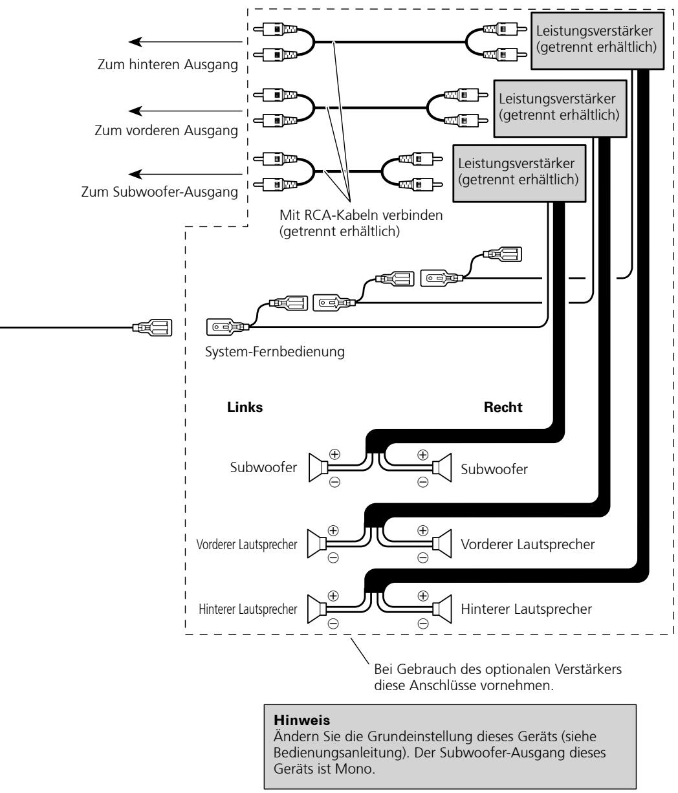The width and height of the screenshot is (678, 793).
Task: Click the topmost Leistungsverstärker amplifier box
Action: tap(596, 41)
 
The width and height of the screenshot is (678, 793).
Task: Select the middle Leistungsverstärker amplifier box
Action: tap(560, 108)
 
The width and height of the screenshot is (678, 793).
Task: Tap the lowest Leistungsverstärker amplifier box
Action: tap(519, 173)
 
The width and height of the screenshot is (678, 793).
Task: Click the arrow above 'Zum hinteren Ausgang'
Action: tap(185, 42)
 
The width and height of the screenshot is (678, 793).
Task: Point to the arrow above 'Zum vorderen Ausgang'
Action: tap(185, 111)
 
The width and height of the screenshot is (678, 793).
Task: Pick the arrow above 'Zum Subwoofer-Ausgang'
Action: tap(185, 174)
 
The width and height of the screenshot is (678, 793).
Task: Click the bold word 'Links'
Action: tap(245, 407)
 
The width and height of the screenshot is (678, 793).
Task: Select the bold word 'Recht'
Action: tap(503, 407)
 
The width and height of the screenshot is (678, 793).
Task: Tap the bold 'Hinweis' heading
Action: tap(301, 720)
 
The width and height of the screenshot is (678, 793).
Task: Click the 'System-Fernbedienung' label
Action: tap(275, 351)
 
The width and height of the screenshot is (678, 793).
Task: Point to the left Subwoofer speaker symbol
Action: tap(318, 467)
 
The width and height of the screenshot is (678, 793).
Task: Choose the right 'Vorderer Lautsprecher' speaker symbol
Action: tap(442, 543)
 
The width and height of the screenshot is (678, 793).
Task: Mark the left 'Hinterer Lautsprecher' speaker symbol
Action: tap(316, 609)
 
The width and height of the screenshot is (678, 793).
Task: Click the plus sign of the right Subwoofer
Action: tap(422, 455)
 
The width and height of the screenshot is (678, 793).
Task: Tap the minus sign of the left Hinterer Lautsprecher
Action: tap(333, 624)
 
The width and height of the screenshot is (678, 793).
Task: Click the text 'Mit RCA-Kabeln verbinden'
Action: tap(361, 215)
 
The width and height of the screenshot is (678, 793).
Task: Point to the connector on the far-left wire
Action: tap(152, 328)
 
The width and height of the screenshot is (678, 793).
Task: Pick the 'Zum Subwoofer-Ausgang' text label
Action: tap(160, 192)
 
